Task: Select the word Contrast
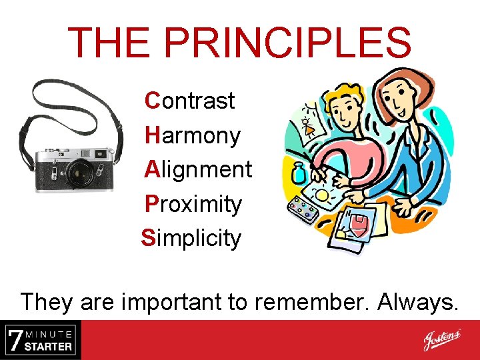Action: point(190,101)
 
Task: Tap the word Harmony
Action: point(193,136)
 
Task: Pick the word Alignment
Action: point(198,169)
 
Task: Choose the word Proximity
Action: point(193,204)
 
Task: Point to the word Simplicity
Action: point(191,238)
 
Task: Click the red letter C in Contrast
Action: point(152,101)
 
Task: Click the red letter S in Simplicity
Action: point(147,238)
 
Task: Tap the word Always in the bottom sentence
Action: point(418,302)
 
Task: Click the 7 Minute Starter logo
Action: point(40,340)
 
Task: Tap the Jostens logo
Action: point(441,340)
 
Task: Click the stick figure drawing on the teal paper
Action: point(309,124)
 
